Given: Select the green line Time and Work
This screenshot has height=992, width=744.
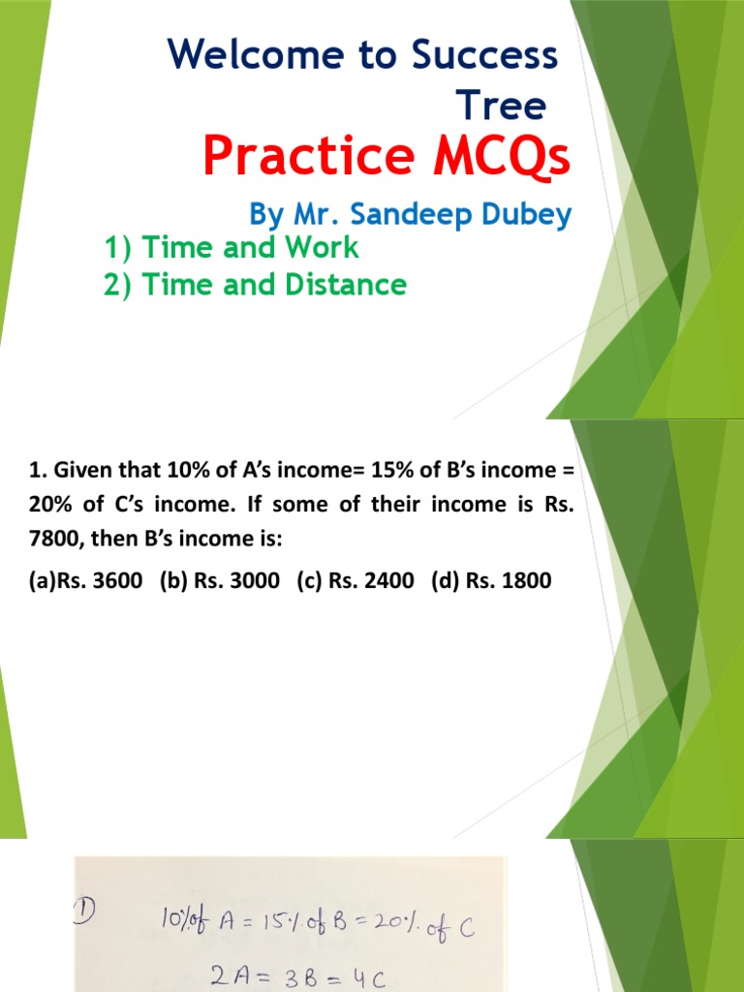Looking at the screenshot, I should point(232,248).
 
